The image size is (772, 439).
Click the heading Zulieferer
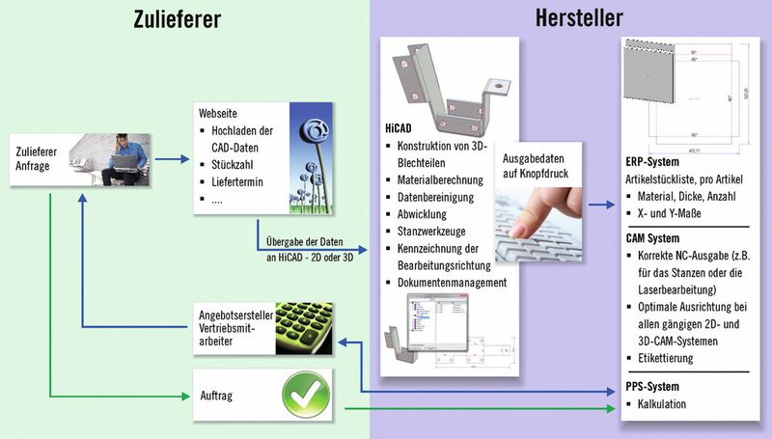[x=184, y=18]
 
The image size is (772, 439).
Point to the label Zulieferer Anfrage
[x=46, y=157]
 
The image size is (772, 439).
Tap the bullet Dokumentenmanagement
[x=452, y=282]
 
